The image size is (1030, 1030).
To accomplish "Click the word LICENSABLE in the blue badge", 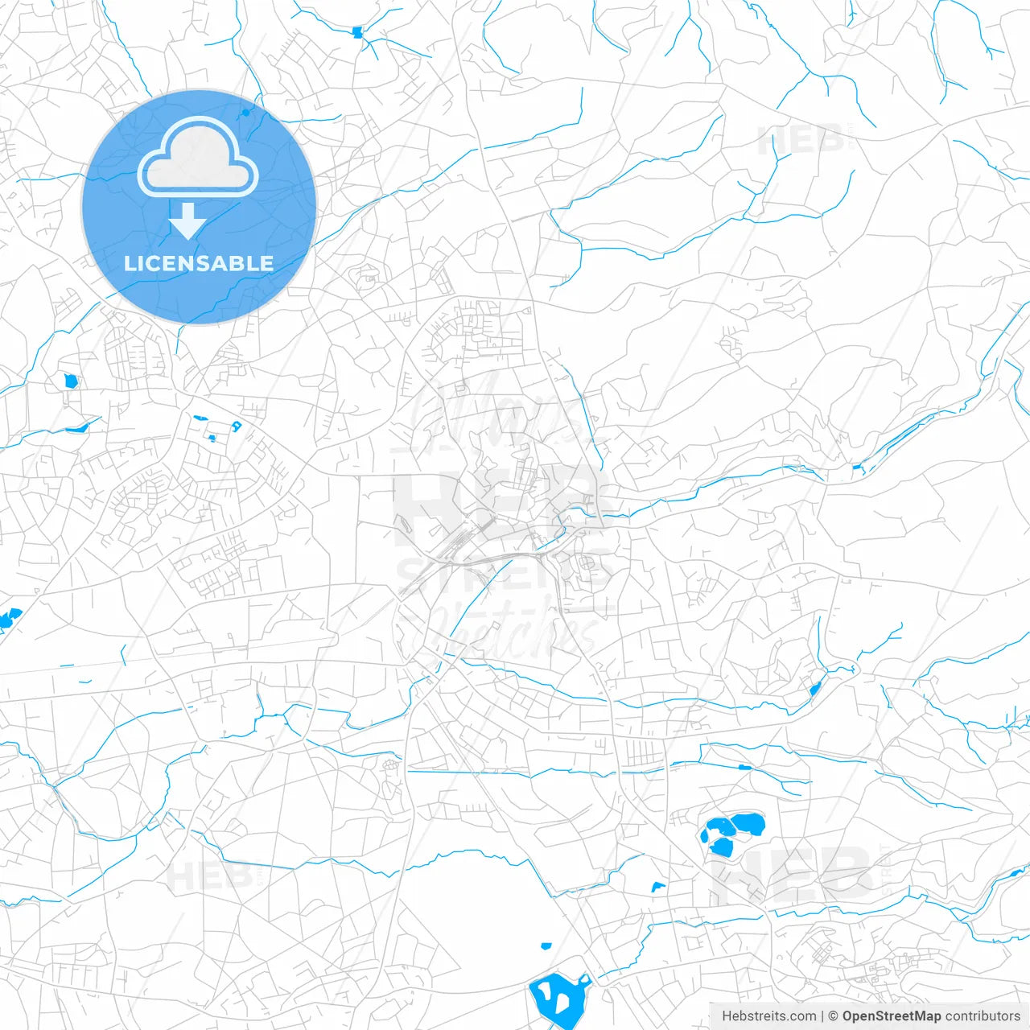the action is point(199,264).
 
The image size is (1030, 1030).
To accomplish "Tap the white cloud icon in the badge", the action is point(198,159).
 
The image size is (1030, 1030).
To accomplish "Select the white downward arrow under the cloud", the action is point(188,221).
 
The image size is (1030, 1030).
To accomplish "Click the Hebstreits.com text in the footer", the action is point(768,1016).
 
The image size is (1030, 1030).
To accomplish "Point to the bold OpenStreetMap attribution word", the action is point(891,1016).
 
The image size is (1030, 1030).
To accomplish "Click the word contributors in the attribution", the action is point(983,1016).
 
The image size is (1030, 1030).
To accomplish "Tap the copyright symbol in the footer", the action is point(833,1016).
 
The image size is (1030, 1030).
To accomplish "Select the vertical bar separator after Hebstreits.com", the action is point(822,1016).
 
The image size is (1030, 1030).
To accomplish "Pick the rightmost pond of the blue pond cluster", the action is point(748,824).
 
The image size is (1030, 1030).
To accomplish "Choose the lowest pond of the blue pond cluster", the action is point(721,847).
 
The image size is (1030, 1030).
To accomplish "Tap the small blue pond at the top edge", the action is point(357,33).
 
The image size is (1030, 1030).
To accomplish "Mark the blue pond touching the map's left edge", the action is point(10,618).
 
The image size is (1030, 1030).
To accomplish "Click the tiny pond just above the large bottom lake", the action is point(546,946).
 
